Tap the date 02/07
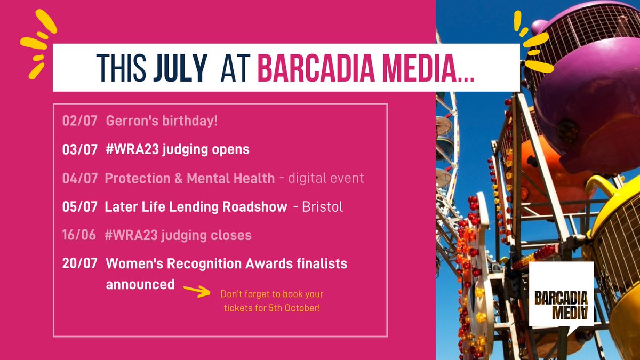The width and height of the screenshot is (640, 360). pos(79,121)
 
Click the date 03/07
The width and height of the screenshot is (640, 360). pos(79,149)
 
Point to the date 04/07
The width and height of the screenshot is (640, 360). pos(79,178)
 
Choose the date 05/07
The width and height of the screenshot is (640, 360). pos(79,206)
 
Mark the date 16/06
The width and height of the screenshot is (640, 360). pos(79,235)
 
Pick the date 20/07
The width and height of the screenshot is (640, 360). pos(79,263)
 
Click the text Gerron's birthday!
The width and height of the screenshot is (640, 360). pos(162,121)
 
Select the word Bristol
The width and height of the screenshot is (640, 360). pos(322,207)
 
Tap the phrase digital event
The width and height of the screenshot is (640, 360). pos(326,178)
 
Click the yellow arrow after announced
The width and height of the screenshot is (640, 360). pos(197,290)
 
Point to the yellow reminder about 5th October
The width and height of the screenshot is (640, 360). pos(272,301)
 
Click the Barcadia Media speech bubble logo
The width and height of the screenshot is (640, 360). pos(562,296)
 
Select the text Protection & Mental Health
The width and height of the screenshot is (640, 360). pos(190,178)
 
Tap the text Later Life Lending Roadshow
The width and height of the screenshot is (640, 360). pos(196,206)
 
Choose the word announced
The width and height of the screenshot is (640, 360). pos(140,284)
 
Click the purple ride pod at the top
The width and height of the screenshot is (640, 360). pos(581,80)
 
